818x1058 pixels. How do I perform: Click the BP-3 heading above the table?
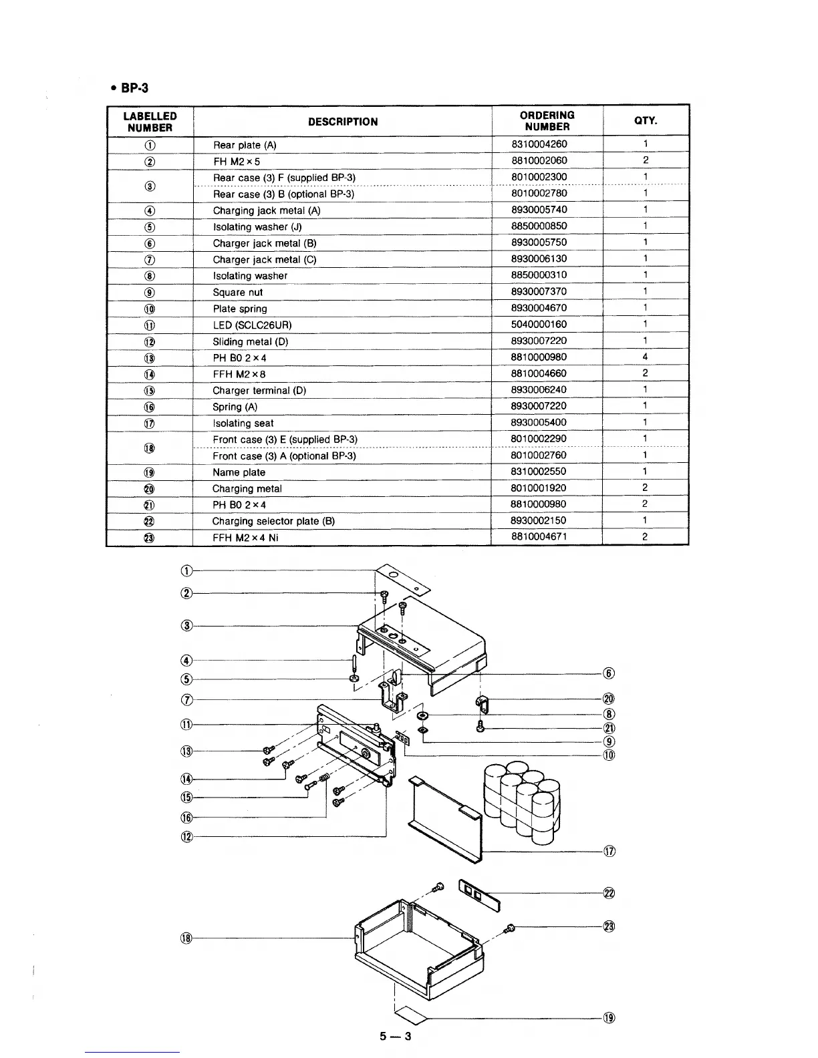(131, 88)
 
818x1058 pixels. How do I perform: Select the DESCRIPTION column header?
(342, 122)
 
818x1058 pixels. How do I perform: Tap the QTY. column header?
(645, 121)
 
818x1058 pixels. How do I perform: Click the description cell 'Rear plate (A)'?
(245, 145)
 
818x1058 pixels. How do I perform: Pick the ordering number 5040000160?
(539, 325)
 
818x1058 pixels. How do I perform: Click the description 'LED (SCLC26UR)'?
(252, 325)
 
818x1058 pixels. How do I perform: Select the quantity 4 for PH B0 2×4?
(645, 357)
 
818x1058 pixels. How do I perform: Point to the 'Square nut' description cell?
(237, 293)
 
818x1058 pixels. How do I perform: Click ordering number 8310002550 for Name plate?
(539, 472)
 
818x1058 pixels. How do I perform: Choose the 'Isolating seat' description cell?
(243, 423)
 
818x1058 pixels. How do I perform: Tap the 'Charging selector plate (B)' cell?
(273, 522)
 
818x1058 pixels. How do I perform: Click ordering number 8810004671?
(539, 537)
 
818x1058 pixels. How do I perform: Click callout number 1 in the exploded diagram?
(187, 570)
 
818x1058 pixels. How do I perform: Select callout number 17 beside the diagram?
(609, 852)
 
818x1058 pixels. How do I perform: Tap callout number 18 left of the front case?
(186, 938)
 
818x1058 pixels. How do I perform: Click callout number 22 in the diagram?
(609, 894)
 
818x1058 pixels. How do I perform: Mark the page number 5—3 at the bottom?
(396, 1037)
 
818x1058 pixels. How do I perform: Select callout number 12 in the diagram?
(187, 837)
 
